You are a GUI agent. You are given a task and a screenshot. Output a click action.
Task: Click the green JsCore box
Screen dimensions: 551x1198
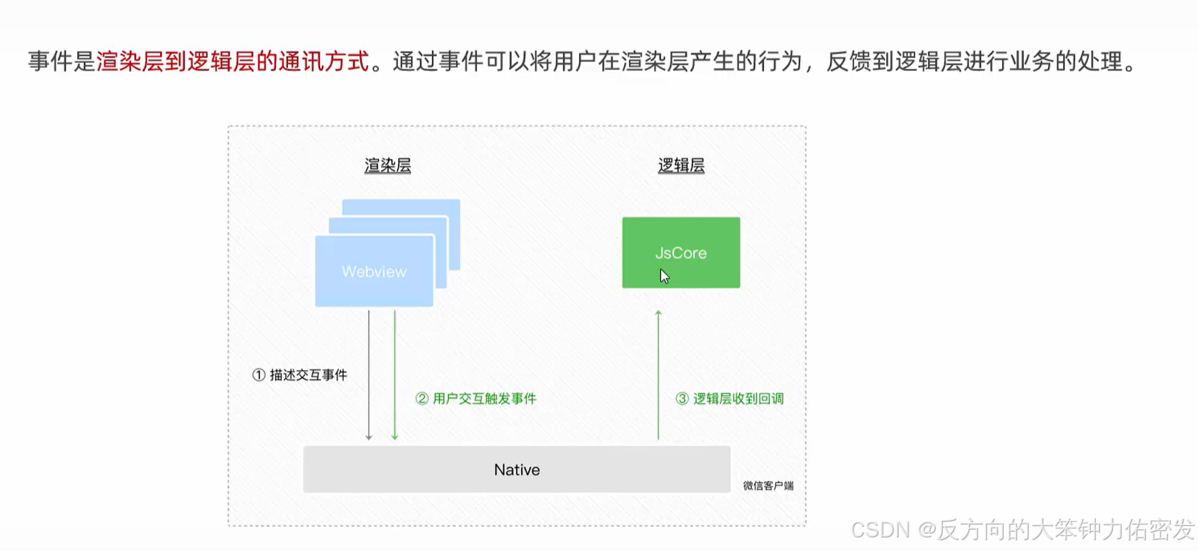coord(680,236)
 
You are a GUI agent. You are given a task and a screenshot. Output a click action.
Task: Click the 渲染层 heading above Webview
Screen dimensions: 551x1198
coord(387,166)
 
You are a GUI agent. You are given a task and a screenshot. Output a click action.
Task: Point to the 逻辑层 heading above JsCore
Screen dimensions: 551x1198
coord(681,166)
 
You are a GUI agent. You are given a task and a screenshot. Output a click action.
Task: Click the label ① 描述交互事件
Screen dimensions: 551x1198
coord(300,375)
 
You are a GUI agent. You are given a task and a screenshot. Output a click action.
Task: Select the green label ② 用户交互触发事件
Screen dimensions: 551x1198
coord(476,399)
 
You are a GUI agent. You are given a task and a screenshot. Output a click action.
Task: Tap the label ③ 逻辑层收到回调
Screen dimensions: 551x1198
coord(730,399)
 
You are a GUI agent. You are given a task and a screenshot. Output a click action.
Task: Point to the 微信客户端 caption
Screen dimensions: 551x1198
coord(768,486)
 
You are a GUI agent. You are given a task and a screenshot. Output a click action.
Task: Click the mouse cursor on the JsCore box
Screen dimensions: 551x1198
coord(664,276)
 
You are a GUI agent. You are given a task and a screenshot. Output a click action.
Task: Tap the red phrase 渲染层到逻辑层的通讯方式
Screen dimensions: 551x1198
coord(233,61)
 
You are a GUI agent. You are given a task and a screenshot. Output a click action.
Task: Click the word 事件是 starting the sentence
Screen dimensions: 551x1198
coord(61,61)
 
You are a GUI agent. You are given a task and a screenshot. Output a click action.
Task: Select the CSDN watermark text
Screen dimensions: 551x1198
coord(1022,530)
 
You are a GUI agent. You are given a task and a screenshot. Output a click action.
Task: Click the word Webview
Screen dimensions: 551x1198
coord(374,272)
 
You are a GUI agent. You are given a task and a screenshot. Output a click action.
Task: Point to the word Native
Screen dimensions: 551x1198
coord(517,470)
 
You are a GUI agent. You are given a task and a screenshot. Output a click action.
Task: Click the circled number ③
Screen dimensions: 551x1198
coord(682,399)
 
